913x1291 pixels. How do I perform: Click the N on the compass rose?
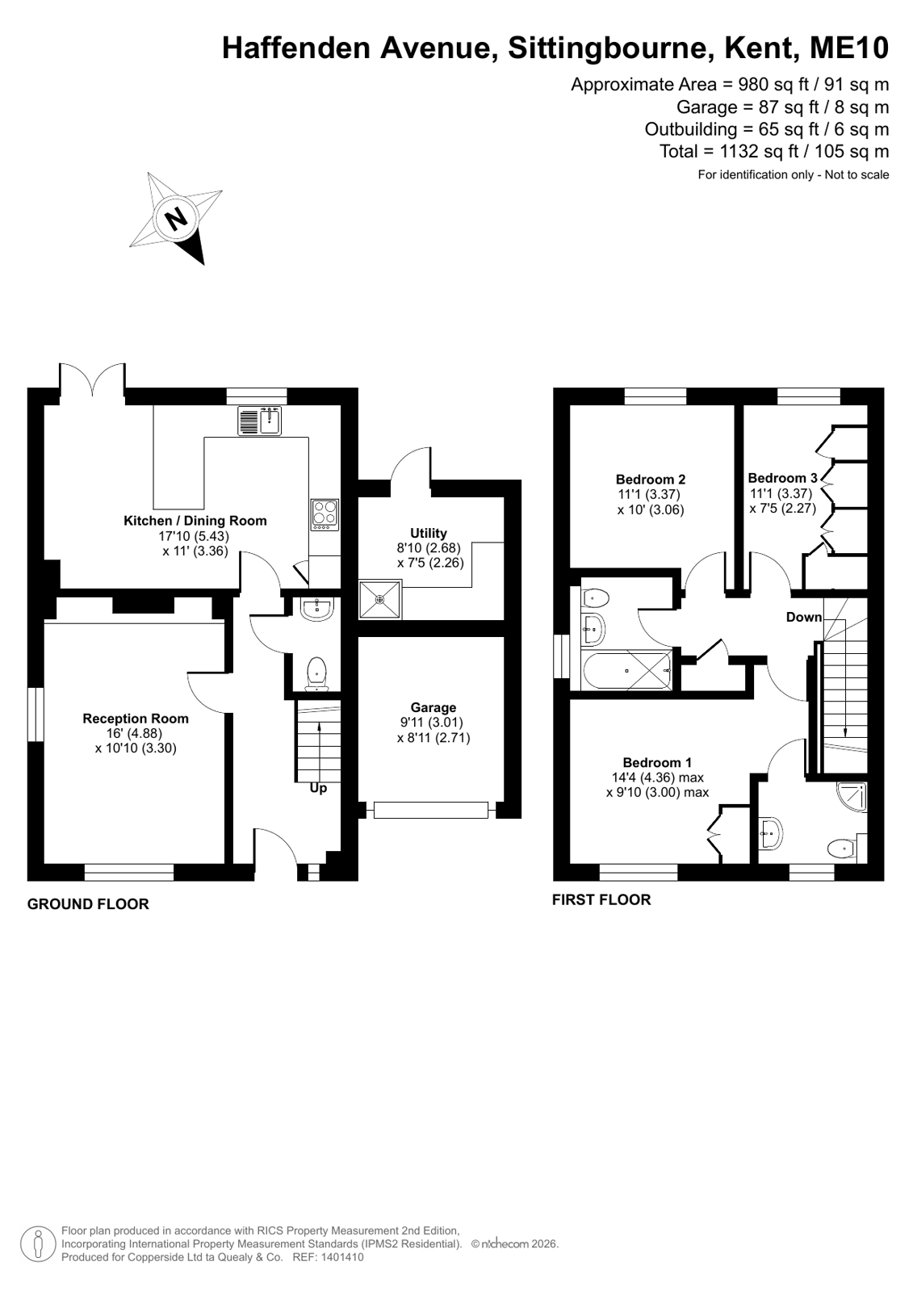click(x=176, y=219)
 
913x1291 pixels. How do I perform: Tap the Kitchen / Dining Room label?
click(x=195, y=521)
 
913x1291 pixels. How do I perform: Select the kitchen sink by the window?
click(x=259, y=420)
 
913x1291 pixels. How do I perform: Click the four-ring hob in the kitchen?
click(x=325, y=514)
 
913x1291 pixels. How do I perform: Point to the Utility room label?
click(x=429, y=533)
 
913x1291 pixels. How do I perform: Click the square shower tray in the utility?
click(x=379, y=600)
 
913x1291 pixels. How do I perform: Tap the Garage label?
click(x=433, y=707)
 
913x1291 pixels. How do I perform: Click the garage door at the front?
click(x=430, y=810)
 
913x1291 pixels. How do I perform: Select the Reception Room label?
click(x=136, y=718)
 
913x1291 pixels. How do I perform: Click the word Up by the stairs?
click(x=318, y=788)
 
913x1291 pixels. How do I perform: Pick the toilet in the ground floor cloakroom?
click(x=316, y=674)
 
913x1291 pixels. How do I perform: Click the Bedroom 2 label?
click(x=651, y=479)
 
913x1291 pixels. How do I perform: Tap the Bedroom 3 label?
click(x=783, y=478)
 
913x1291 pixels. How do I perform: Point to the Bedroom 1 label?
click(x=657, y=762)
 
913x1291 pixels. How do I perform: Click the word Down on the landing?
click(x=804, y=617)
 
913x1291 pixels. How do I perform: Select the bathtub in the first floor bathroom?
click(x=627, y=670)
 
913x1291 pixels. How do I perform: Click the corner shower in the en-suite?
click(x=852, y=797)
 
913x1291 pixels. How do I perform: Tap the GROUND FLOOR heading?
click(x=88, y=903)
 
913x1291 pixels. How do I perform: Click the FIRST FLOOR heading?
click(x=601, y=899)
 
